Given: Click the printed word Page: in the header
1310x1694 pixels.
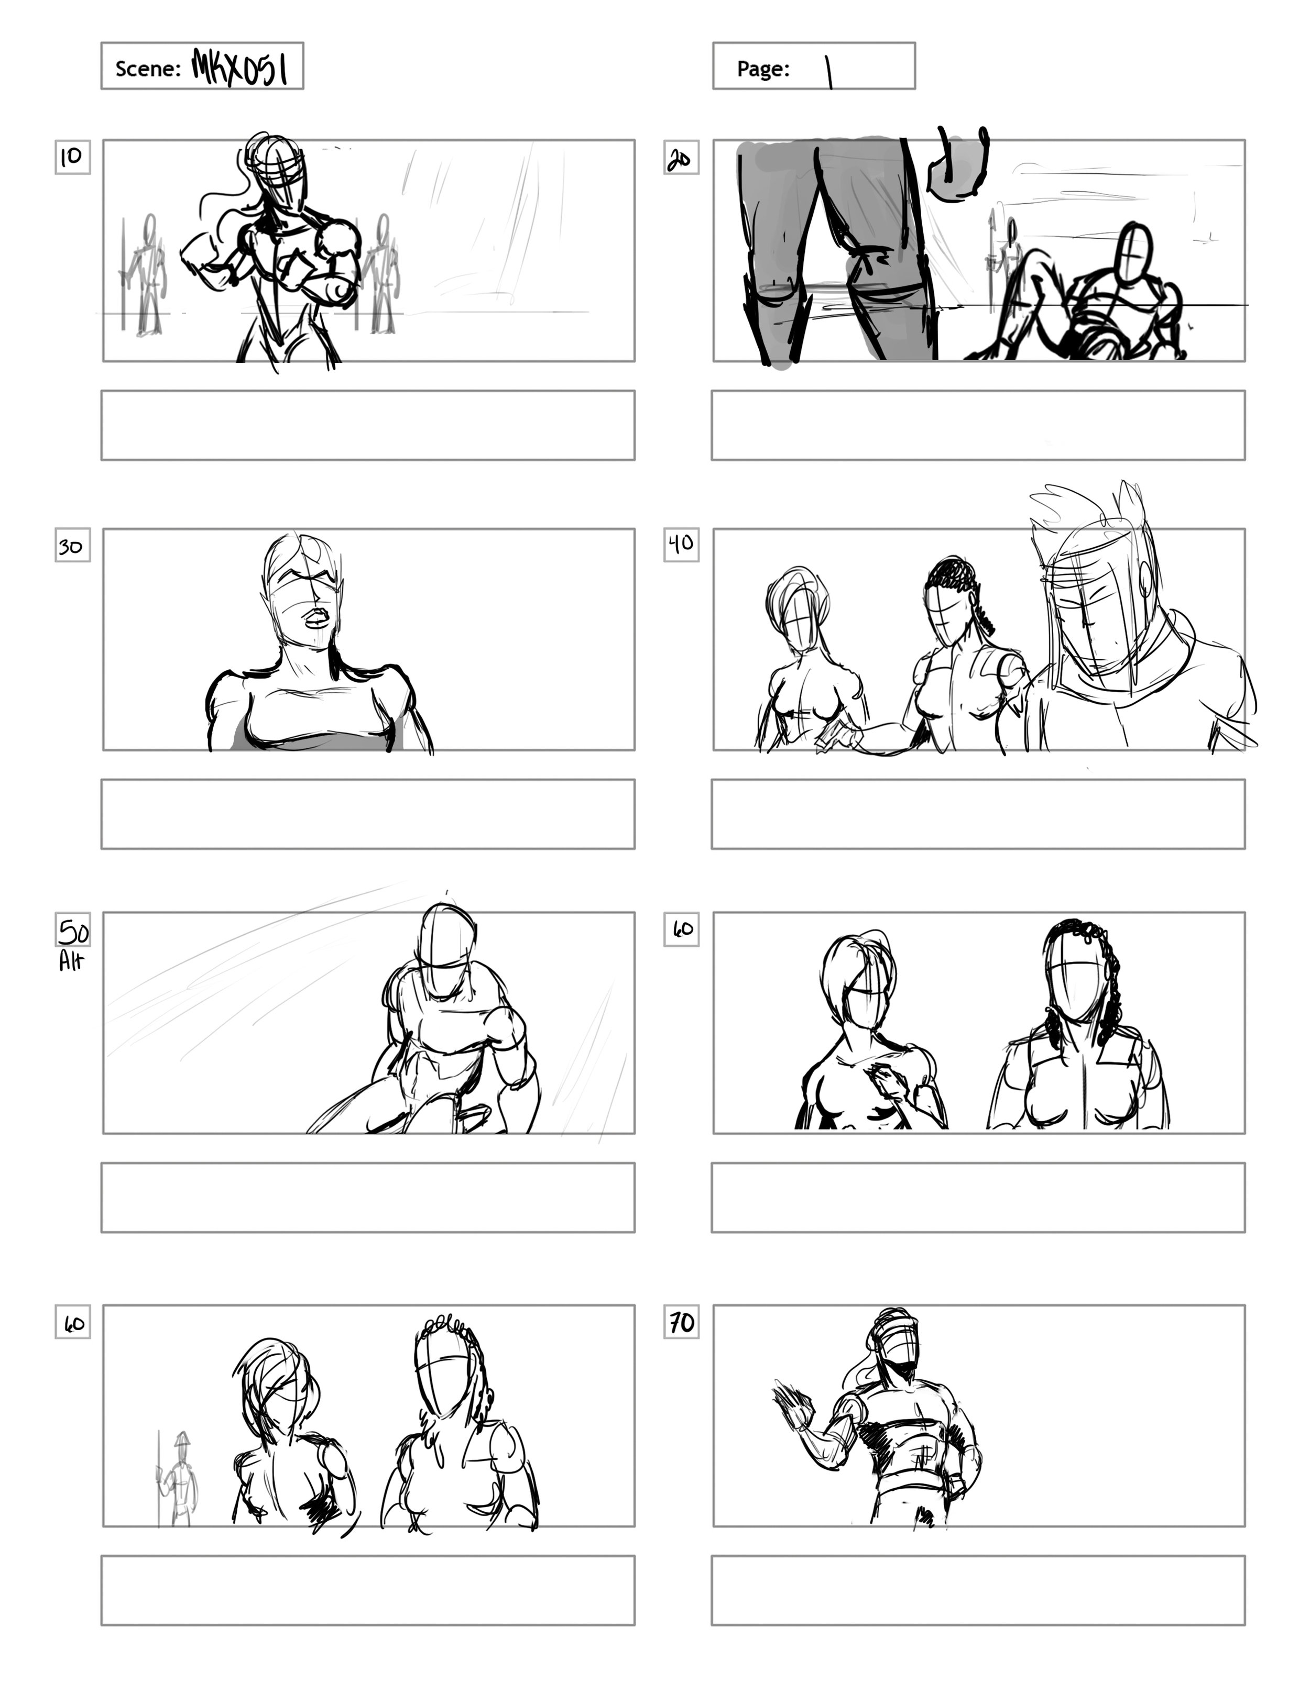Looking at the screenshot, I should (763, 69).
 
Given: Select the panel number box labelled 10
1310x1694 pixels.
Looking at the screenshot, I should (72, 157).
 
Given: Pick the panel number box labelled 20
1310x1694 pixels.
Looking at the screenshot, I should (681, 158).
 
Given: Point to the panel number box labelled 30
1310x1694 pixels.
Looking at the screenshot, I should (72, 546).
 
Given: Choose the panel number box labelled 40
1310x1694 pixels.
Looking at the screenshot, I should (681, 545).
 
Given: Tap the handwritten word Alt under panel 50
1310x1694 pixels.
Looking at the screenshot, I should (71, 962).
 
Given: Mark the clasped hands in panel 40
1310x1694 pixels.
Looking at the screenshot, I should (838, 737).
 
